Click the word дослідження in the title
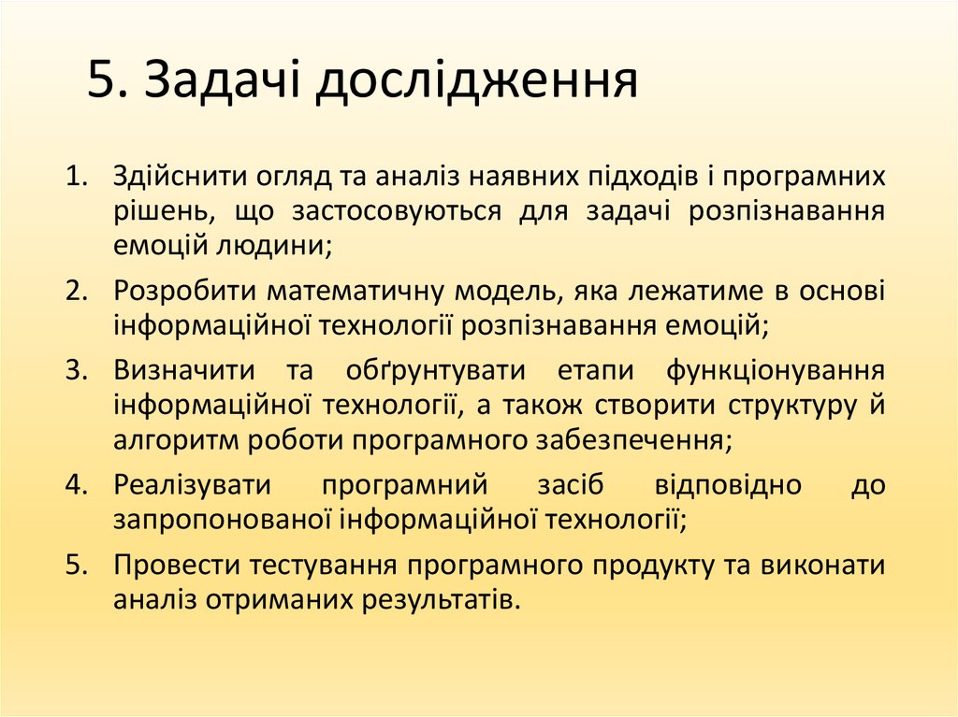click(474, 82)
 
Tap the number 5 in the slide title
click(101, 82)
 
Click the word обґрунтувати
click(435, 369)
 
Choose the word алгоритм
click(167, 441)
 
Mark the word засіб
click(570, 485)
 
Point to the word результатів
click(441, 599)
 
